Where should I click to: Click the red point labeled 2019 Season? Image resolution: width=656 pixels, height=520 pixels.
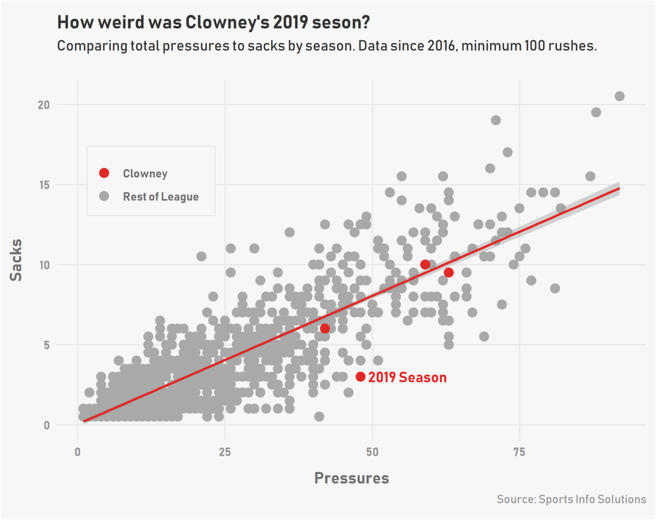(x=360, y=377)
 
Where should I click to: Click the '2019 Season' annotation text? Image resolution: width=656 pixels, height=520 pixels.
(x=407, y=378)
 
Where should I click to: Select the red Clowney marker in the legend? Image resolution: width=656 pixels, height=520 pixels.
(x=104, y=173)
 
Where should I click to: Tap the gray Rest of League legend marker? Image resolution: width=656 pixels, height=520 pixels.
(x=104, y=196)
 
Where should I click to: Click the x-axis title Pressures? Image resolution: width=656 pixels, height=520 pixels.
(x=352, y=478)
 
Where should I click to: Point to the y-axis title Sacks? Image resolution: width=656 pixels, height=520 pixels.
(x=17, y=260)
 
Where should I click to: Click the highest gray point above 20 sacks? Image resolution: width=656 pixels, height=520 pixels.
(x=619, y=96)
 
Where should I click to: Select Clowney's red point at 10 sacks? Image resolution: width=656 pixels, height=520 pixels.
(x=425, y=265)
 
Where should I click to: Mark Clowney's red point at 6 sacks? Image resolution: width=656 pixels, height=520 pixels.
(x=325, y=328)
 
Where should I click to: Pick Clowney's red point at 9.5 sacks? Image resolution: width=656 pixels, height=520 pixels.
(x=448, y=273)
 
